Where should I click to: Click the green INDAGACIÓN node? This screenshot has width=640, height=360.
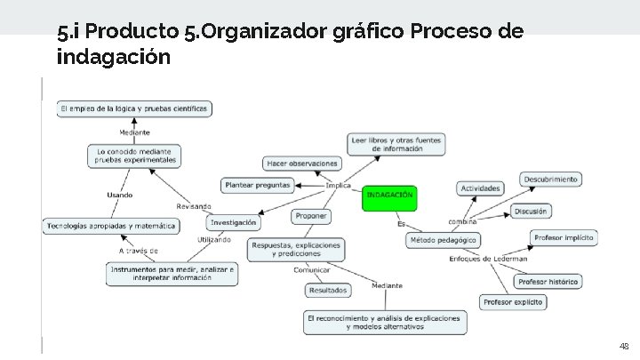389,197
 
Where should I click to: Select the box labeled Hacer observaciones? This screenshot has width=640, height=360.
302,163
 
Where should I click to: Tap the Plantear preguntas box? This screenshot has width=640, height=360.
258,185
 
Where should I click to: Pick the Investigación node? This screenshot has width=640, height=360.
234,222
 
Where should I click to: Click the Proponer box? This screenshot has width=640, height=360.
311,216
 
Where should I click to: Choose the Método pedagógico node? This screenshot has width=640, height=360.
444,240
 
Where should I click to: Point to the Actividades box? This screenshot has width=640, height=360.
481,188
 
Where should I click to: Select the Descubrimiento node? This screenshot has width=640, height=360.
551,179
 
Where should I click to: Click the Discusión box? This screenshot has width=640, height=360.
531,211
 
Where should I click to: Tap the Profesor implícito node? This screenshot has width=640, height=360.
564,237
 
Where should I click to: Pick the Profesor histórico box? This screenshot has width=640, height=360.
548,282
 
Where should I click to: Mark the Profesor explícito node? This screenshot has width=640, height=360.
513,302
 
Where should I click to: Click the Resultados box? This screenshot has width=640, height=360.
328,290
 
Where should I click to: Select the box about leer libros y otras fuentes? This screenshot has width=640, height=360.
396,144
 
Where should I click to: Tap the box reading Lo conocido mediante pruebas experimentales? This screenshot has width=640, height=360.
136,156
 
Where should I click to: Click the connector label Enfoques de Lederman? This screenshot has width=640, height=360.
488,259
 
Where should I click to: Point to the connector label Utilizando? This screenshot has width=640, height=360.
214,240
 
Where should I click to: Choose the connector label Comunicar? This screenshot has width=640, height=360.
312,270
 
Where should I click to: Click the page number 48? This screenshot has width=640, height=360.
623,346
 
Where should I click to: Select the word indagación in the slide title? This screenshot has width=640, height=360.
113,58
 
